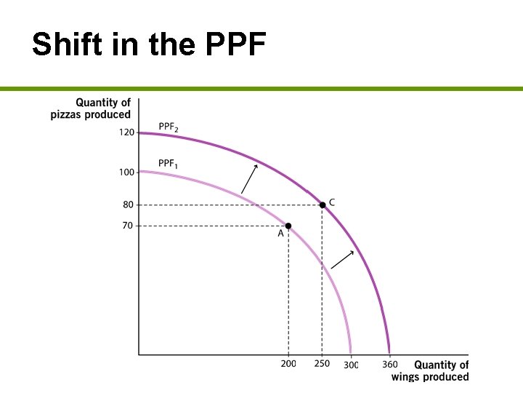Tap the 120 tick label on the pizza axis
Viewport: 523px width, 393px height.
pyautogui.click(x=126, y=133)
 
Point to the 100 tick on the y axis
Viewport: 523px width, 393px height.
pyautogui.click(x=126, y=172)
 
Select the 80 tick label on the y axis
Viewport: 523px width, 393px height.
pyautogui.click(x=128, y=205)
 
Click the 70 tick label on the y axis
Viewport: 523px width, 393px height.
pyautogui.click(x=128, y=226)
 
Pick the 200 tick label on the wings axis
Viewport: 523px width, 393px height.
pyautogui.click(x=288, y=364)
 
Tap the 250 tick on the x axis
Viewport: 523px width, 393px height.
pyautogui.click(x=322, y=364)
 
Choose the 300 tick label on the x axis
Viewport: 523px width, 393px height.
pyautogui.click(x=352, y=364)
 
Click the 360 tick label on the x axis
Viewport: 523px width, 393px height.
pyautogui.click(x=390, y=364)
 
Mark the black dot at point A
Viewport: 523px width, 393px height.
pyautogui.click(x=288, y=226)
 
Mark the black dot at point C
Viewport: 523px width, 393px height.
pyautogui.click(x=323, y=205)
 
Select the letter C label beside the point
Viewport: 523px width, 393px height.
pyautogui.click(x=332, y=202)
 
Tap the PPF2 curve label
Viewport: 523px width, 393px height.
pyautogui.click(x=169, y=129)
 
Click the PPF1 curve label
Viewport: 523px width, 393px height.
pyautogui.click(x=168, y=164)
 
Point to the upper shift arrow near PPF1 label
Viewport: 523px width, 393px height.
pyautogui.click(x=249, y=179)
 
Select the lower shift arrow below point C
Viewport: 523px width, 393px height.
pyautogui.click(x=342, y=260)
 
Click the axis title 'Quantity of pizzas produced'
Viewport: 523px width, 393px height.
pyautogui.click(x=91, y=108)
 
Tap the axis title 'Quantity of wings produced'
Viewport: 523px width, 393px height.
pyautogui.click(x=430, y=370)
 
